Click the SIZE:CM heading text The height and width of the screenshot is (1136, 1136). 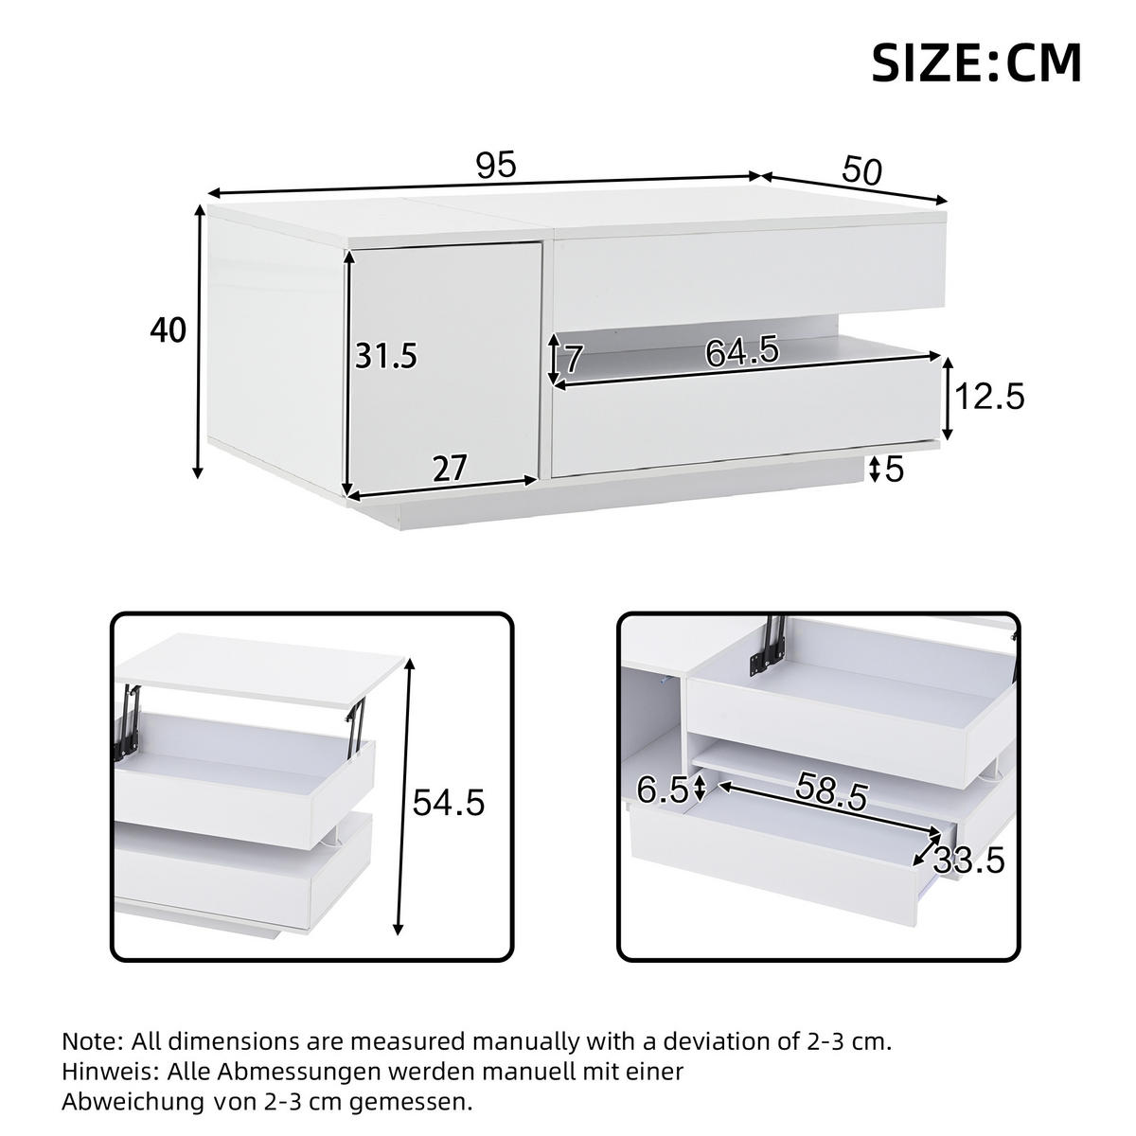[976, 63]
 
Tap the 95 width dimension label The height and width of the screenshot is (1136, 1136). [496, 165]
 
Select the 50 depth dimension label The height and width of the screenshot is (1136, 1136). [861, 170]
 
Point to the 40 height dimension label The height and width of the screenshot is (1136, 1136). [168, 329]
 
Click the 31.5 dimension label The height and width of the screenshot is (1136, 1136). [386, 356]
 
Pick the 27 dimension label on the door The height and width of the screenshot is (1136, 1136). [450, 469]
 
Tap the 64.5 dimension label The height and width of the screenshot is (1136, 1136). [742, 352]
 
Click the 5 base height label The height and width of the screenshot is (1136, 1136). [895, 470]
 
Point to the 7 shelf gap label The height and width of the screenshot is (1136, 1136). [574, 359]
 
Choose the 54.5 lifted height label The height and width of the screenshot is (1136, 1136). [448, 803]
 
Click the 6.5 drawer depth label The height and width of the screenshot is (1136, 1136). [662, 791]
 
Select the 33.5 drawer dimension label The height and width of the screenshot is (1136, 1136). [968, 861]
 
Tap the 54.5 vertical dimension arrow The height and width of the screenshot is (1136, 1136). [405, 805]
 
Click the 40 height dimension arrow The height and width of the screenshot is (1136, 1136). [199, 342]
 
